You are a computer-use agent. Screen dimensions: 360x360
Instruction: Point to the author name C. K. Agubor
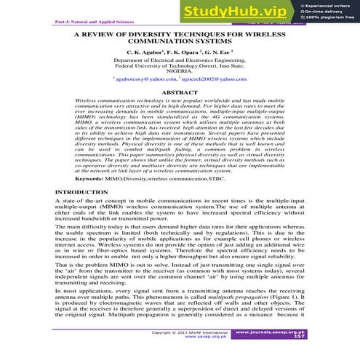coord(146,53)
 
